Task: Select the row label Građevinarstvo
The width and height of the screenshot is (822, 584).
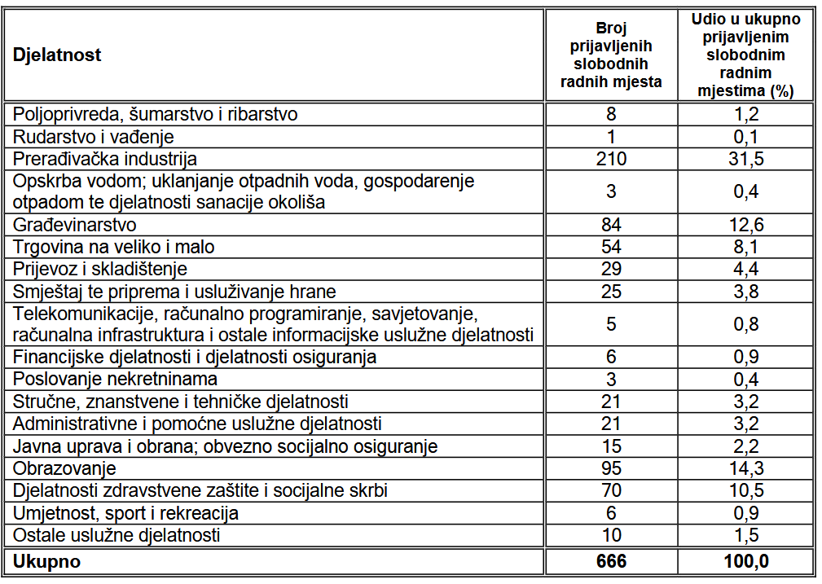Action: (x=74, y=225)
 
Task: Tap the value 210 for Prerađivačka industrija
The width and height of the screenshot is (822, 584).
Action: (x=611, y=159)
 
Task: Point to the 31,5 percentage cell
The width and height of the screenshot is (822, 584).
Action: (x=745, y=159)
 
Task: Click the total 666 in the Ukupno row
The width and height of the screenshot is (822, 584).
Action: (x=611, y=561)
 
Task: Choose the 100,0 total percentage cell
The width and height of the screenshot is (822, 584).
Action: (x=745, y=561)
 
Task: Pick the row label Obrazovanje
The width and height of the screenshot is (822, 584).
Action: (x=64, y=468)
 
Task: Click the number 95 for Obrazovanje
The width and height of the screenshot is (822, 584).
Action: (x=611, y=468)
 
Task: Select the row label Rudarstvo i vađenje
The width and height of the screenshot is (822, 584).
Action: (x=94, y=137)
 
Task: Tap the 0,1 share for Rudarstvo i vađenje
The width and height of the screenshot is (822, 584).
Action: (x=745, y=137)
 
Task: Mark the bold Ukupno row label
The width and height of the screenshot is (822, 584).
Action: (x=46, y=561)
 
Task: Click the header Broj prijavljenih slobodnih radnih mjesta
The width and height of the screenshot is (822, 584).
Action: (x=611, y=55)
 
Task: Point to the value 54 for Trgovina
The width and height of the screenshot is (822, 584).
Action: (x=611, y=247)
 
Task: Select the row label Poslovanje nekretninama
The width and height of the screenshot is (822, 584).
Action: (x=115, y=379)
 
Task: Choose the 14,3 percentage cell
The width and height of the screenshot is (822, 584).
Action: (x=745, y=468)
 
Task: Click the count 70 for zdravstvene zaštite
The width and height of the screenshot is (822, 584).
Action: (x=611, y=490)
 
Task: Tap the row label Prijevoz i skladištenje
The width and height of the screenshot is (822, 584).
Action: (x=100, y=269)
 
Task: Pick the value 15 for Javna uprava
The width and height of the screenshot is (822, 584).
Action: (x=611, y=446)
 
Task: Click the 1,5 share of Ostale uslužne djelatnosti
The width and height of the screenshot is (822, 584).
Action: (x=745, y=535)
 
